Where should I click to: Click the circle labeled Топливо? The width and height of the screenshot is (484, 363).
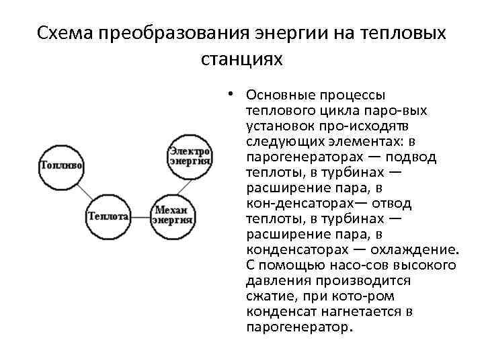click(61, 165)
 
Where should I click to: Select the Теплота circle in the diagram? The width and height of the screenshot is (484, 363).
click(108, 216)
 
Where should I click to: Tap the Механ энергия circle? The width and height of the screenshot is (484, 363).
click(173, 216)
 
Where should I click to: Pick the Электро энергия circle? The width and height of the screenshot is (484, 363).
click(190, 157)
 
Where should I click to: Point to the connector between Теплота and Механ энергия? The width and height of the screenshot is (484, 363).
click(140, 216)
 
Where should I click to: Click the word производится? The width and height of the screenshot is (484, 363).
click(362, 280)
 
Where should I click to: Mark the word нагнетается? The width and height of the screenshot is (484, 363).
click(356, 311)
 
